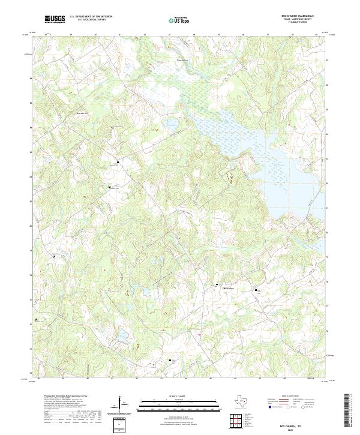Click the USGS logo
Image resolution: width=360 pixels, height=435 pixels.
tap(55, 19)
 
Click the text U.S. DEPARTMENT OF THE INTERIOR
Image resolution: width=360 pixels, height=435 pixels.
tap(91, 17)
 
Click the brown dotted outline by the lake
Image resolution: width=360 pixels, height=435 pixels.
tap(229, 176)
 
